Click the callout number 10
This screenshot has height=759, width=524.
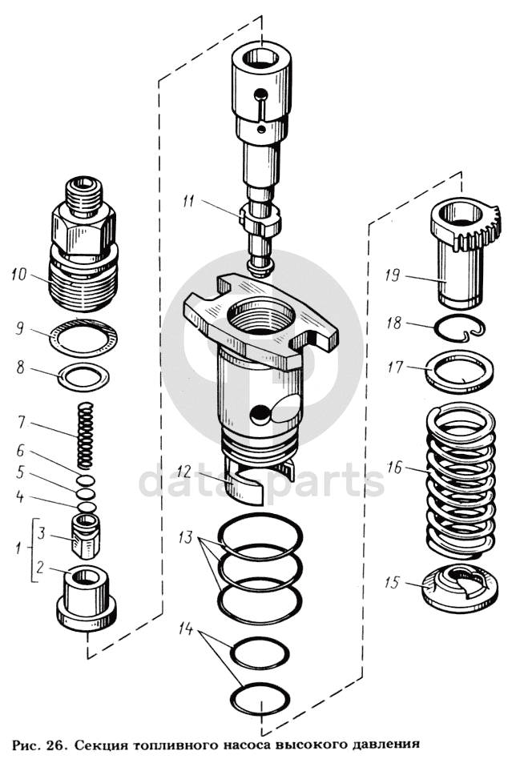[x=20, y=275]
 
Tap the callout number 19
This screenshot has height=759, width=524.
[x=393, y=275]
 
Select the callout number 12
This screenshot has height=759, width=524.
[x=183, y=470]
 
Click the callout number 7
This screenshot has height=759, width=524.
[x=21, y=422]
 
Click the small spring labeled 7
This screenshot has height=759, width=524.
[x=86, y=436]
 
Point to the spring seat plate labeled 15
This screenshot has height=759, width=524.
[x=460, y=588]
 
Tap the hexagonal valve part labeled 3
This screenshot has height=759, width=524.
[x=87, y=536]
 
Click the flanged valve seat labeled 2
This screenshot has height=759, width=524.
[x=87, y=598]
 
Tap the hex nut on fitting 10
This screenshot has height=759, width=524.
[x=83, y=230]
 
